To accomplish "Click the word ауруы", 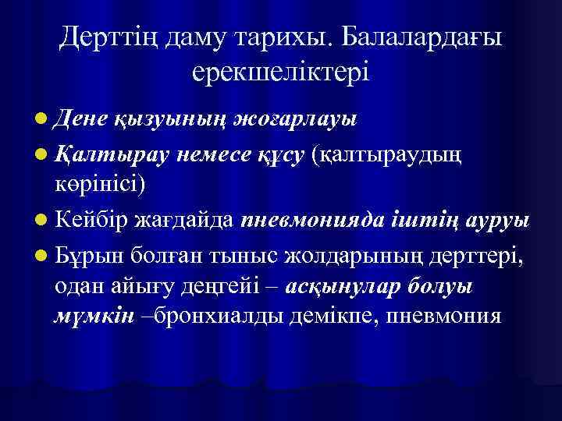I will [x=491, y=221].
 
